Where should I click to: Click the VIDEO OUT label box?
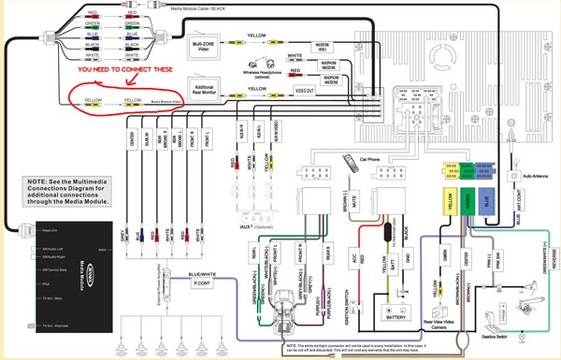click(305, 91)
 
